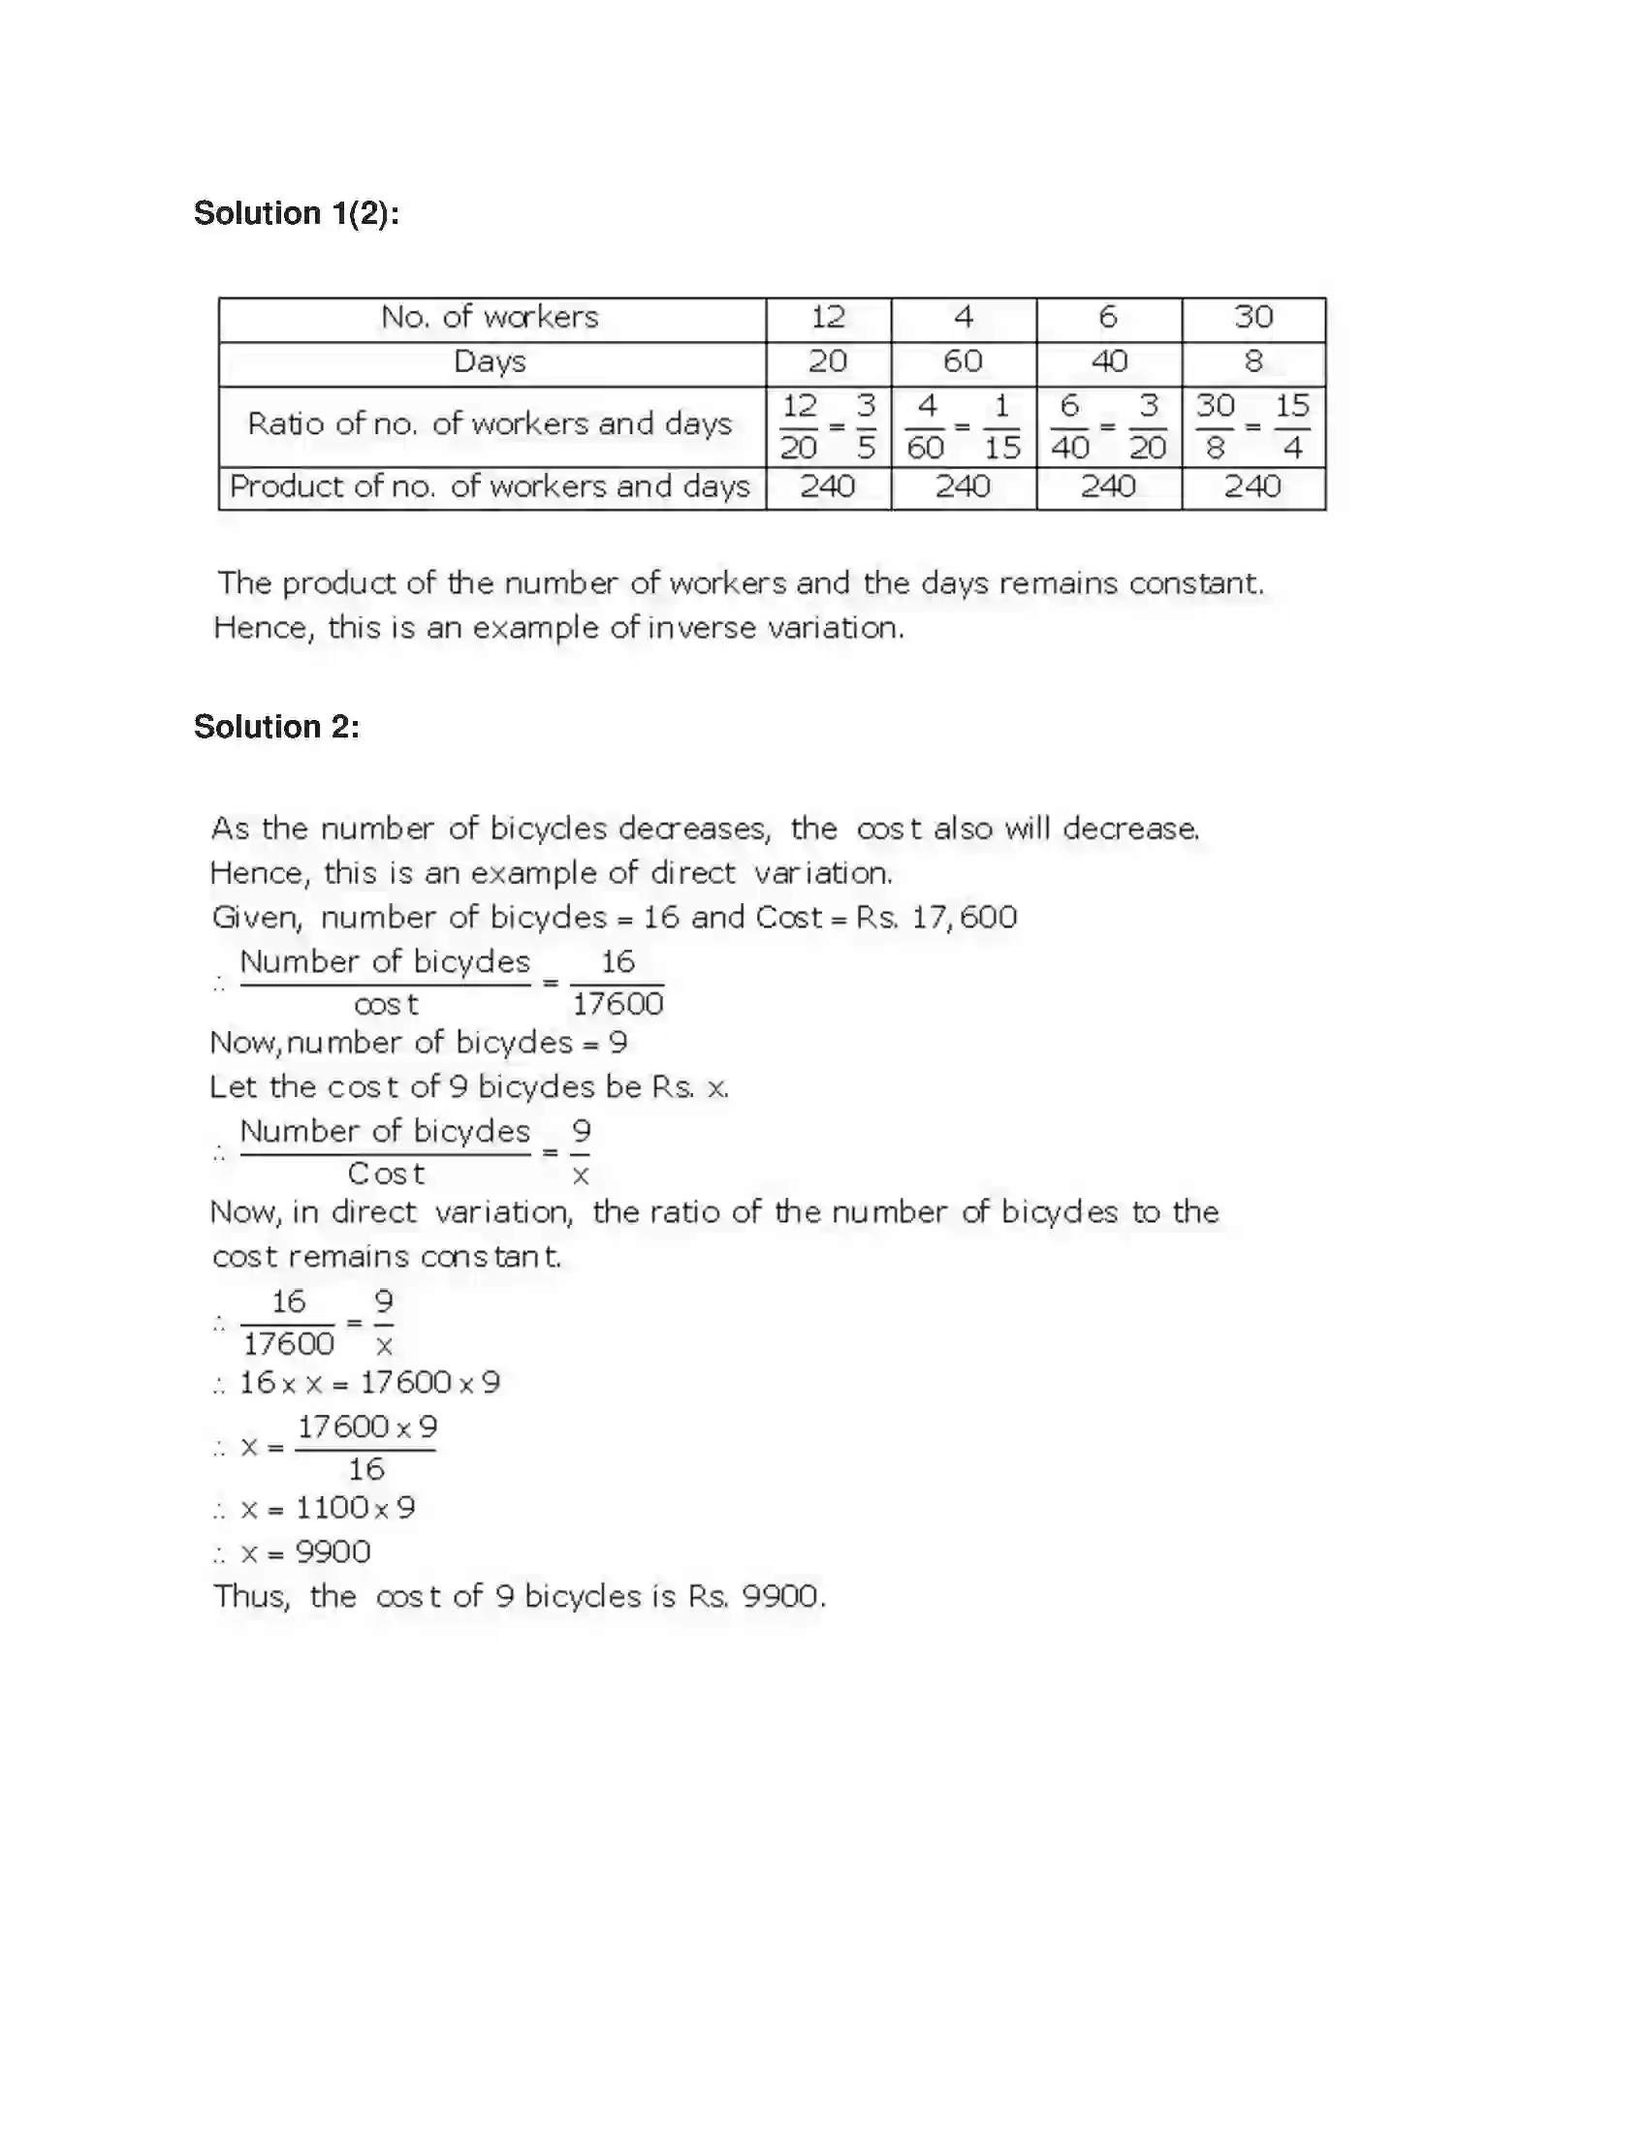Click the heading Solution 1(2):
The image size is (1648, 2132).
(x=296, y=213)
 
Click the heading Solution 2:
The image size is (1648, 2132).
(x=276, y=726)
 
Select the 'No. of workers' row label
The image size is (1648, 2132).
(x=491, y=317)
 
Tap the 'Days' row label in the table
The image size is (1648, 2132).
(x=491, y=362)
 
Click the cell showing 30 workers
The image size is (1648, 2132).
(x=1252, y=317)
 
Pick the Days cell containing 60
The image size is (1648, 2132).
(x=963, y=362)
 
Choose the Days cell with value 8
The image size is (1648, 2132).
(x=1252, y=362)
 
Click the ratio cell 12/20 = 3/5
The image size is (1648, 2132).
(x=828, y=426)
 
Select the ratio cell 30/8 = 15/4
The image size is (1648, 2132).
(x=1252, y=426)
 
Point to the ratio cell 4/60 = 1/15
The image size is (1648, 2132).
(x=963, y=426)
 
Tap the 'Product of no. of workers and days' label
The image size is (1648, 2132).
(x=491, y=486)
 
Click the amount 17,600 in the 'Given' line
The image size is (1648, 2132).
(x=965, y=918)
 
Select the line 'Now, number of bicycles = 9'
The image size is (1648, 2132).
(x=418, y=1043)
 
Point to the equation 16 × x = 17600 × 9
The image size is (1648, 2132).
(x=369, y=1382)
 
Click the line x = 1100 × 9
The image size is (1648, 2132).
(x=328, y=1507)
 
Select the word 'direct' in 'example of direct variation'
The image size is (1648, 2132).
(x=693, y=873)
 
